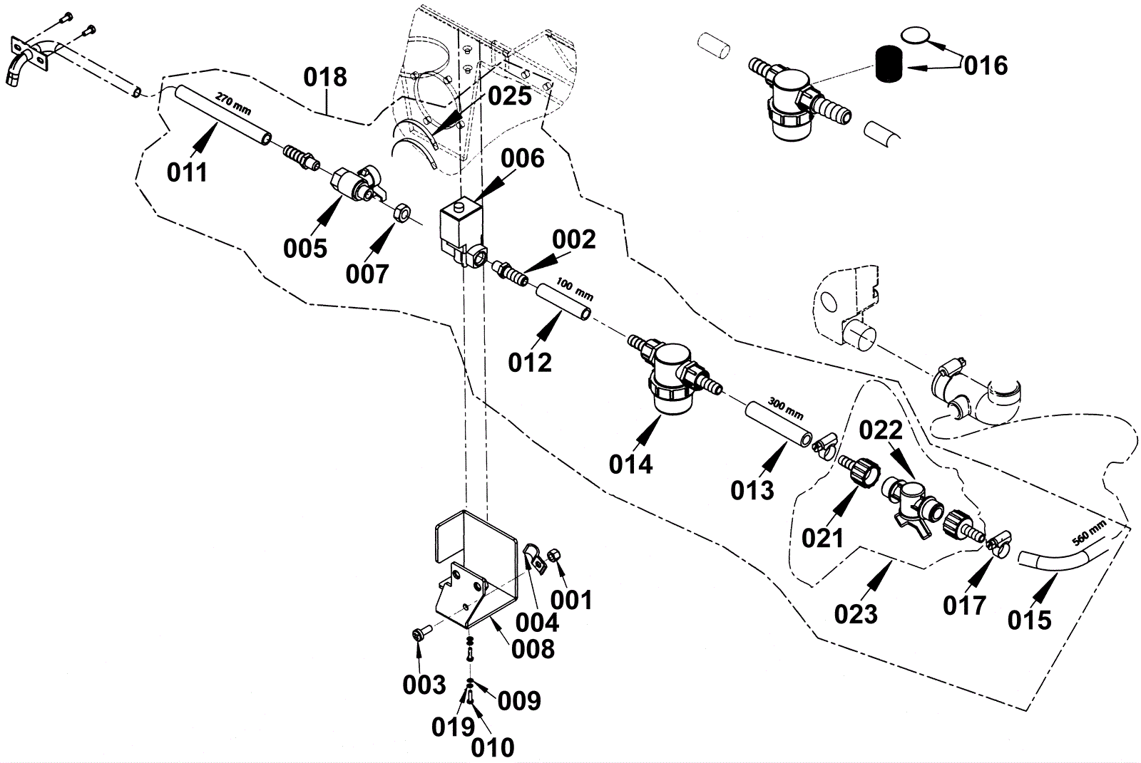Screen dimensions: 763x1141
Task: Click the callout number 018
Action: pos(326,77)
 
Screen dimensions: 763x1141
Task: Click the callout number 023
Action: pos(856,613)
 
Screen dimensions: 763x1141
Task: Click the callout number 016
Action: pos(986,66)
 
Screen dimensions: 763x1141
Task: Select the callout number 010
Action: pos(493,747)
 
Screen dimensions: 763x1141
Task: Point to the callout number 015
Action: pos(1029,620)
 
